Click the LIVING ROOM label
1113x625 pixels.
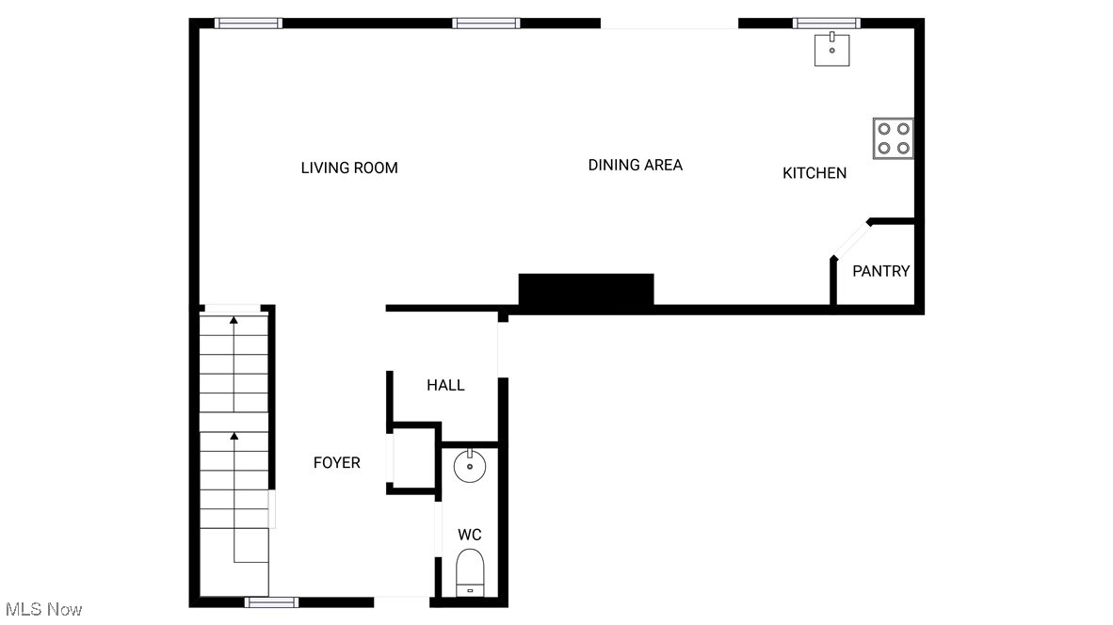(x=349, y=168)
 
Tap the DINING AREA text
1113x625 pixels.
(x=635, y=165)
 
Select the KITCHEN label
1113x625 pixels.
(x=815, y=173)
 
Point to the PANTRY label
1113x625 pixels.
(x=880, y=271)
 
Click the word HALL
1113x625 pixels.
(x=445, y=385)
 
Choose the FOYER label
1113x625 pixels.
(x=336, y=462)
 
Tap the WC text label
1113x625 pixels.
(x=469, y=535)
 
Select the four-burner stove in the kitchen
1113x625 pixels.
(x=893, y=138)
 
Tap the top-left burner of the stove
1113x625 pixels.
(x=884, y=130)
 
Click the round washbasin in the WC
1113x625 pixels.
(x=469, y=466)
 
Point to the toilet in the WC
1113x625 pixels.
(x=469, y=572)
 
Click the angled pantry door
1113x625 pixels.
(x=850, y=239)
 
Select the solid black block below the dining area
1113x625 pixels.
(x=586, y=289)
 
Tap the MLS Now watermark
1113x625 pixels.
(x=42, y=609)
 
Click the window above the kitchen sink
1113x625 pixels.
(x=826, y=24)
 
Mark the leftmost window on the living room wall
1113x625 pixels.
(x=249, y=24)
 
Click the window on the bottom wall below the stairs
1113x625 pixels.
(x=272, y=601)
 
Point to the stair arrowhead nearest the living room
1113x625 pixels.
(x=234, y=321)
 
